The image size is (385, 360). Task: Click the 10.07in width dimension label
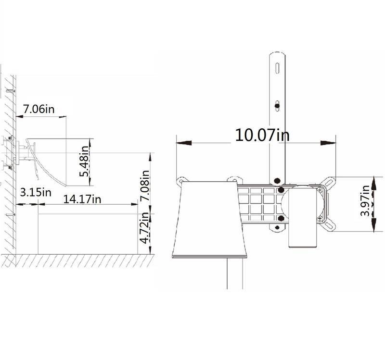(x=262, y=135)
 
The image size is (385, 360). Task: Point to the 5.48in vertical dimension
(x=86, y=161)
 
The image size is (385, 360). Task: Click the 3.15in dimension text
(x=36, y=192)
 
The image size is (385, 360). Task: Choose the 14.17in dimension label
(x=82, y=198)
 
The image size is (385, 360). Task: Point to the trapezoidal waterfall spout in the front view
(x=209, y=219)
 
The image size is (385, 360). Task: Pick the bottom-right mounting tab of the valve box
(x=329, y=224)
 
